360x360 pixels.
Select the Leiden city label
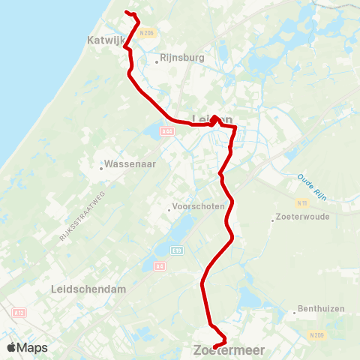[x=212, y=120]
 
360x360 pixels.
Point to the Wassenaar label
[x=130, y=163]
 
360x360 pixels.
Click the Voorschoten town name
[x=198, y=208]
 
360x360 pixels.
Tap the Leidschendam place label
[x=88, y=289]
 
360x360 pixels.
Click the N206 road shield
[x=145, y=33]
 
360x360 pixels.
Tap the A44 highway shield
[x=166, y=131]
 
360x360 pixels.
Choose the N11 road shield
[x=302, y=203]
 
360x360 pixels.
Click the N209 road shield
[x=319, y=335]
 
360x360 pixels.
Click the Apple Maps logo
[x=27, y=348]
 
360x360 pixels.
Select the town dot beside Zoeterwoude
[x=272, y=220]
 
